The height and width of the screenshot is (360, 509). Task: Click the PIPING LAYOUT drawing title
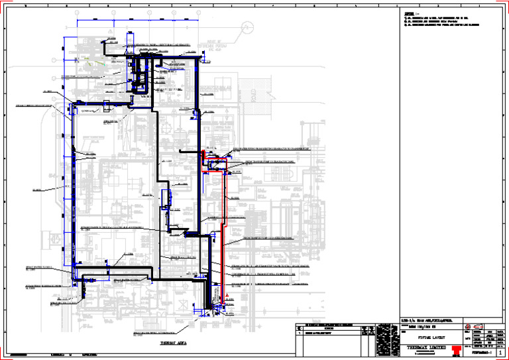[x=434, y=336]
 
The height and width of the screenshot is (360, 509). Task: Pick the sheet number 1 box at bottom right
[x=499, y=354]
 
